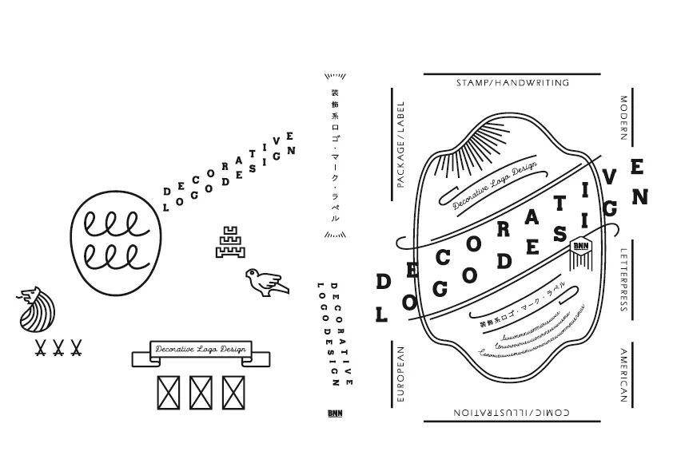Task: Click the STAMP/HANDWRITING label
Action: (512, 82)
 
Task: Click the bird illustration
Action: (264, 279)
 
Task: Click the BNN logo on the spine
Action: (334, 414)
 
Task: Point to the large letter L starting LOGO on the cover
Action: (382, 315)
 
